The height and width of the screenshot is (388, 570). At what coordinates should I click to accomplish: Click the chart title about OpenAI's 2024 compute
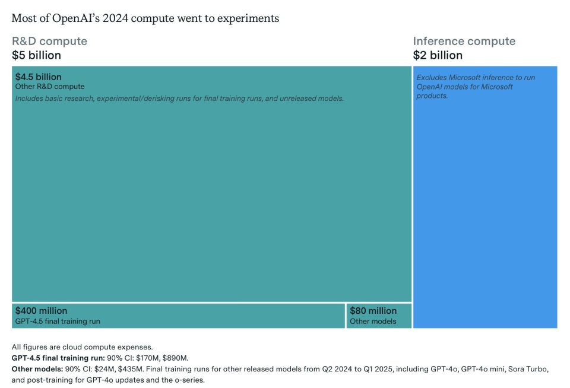pos(145,18)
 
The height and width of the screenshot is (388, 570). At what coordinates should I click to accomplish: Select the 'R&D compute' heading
pos(49,41)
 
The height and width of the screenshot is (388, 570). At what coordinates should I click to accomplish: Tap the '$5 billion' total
pos(36,55)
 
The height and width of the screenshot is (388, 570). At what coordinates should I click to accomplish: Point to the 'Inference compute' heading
pos(464,41)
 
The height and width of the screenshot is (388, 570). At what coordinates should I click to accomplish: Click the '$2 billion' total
pos(438,55)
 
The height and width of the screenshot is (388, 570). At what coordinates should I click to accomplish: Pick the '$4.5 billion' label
pos(39,77)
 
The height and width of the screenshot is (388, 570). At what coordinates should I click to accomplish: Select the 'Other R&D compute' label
pos(50,87)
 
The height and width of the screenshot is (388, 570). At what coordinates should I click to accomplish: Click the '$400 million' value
pos(41,310)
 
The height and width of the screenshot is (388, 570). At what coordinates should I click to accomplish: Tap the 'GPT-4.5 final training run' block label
pos(58,321)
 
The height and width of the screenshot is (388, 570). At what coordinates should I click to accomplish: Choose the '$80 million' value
pos(373,310)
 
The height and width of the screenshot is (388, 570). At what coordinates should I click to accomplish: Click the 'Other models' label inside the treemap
pos(372,321)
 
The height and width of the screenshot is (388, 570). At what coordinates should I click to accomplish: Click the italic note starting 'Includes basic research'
pos(179,98)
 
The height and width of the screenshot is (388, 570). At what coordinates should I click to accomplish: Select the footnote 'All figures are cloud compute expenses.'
pos(83,347)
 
